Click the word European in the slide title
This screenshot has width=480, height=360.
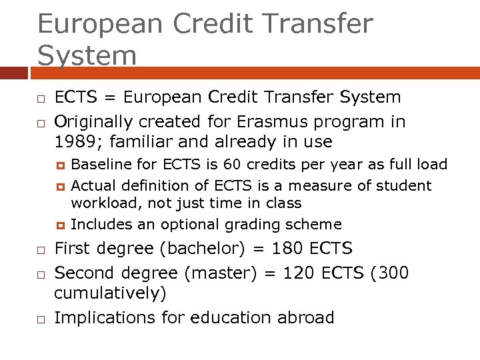(99, 23)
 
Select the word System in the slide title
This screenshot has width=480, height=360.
(87, 55)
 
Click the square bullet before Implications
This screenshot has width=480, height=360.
(41, 319)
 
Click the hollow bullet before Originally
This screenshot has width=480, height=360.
(41, 124)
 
